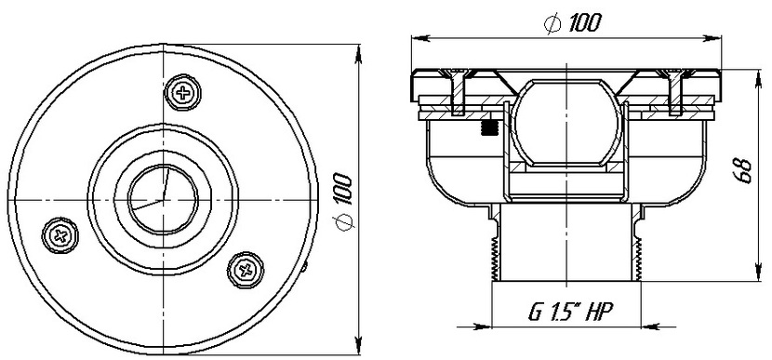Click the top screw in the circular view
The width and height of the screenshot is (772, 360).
tap(182, 92)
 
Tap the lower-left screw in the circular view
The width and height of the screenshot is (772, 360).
tap(60, 235)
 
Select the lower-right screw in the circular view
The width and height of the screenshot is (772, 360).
tap(246, 270)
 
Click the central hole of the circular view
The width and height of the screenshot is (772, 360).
tap(163, 199)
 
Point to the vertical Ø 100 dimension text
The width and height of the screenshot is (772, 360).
tap(343, 202)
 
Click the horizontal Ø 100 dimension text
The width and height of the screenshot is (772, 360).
tap(573, 22)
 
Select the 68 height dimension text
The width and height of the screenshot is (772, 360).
tap(744, 171)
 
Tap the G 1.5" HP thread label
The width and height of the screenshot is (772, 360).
tap(569, 312)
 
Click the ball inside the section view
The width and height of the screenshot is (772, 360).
tap(566, 123)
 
